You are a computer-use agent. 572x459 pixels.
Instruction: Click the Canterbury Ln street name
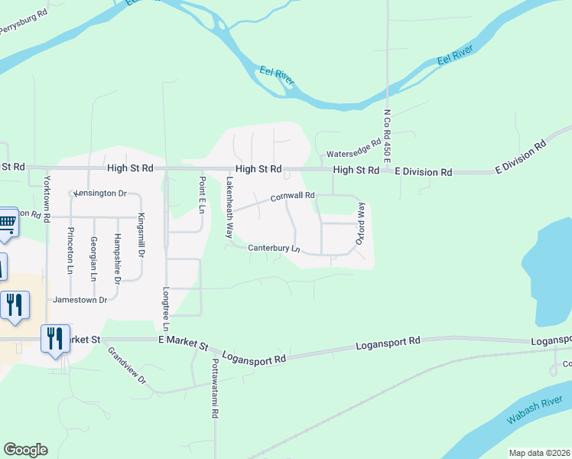coord(273,248)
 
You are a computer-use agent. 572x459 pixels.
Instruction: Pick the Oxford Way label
coord(362,223)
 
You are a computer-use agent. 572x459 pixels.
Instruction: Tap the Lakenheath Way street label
coord(229,208)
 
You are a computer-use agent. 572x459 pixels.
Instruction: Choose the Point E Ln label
coord(203,194)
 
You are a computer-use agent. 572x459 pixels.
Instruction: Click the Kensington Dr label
coord(99,194)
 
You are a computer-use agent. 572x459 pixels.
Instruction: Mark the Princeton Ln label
coord(70,250)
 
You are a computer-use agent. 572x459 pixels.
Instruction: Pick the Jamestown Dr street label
coord(80,300)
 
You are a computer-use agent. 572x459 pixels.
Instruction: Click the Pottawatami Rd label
coord(216,388)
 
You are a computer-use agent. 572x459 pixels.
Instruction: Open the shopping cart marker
coord(6,221)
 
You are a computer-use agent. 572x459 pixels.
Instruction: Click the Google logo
coord(25,450)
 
